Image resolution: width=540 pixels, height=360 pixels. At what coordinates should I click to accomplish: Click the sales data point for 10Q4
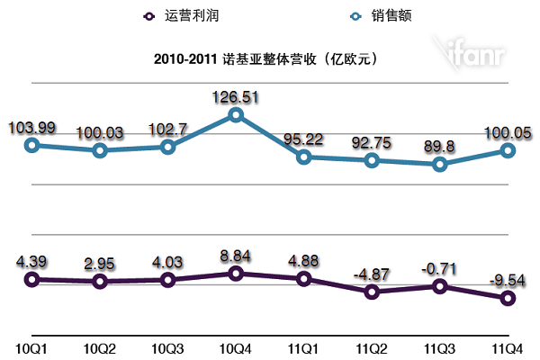pyautogui.click(x=236, y=114)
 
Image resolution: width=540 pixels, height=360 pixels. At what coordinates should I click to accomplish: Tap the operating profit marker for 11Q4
pyautogui.click(x=508, y=298)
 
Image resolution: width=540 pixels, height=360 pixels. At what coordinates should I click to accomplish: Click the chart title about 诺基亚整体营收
pyautogui.click(x=270, y=58)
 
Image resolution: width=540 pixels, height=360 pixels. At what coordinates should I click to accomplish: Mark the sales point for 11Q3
pyautogui.click(x=440, y=164)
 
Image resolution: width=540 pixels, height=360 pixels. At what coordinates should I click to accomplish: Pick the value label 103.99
pyautogui.click(x=31, y=127)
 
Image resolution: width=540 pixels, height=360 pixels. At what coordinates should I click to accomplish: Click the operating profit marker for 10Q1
pyautogui.click(x=32, y=279)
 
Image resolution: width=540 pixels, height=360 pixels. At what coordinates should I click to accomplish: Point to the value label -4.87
pyautogui.click(x=373, y=272)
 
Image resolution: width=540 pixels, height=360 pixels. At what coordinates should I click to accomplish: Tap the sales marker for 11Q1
pyautogui.click(x=304, y=157)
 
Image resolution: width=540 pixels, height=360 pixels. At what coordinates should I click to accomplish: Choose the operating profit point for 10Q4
pyautogui.click(x=236, y=274)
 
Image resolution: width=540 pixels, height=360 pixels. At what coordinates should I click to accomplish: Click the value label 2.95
pyautogui.click(x=99, y=264)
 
